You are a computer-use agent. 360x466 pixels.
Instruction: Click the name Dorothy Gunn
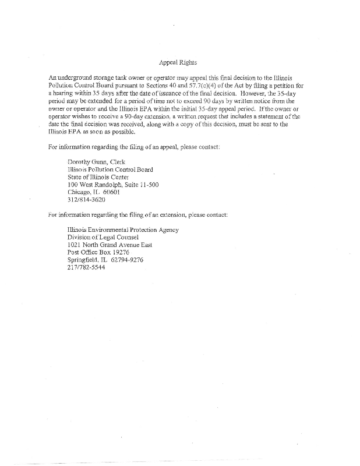coord(86,161)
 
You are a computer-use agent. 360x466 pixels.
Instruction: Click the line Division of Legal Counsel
coord(104,237)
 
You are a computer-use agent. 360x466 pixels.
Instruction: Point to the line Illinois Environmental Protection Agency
coord(123,230)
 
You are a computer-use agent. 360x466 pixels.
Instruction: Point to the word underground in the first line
coord(80,77)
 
